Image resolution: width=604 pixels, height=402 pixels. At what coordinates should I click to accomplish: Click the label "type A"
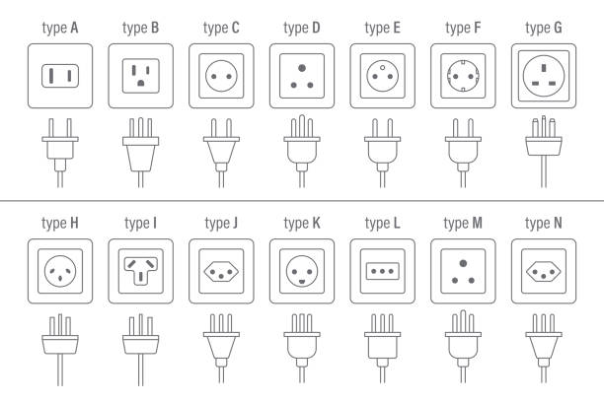[x=59, y=28]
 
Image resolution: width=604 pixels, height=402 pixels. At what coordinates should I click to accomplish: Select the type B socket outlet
[x=140, y=76]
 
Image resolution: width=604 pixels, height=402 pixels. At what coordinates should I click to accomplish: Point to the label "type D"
[x=301, y=28]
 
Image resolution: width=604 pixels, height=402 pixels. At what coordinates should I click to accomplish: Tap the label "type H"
[x=59, y=223]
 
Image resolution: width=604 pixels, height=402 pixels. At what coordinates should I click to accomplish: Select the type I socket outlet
[x=140, y=270]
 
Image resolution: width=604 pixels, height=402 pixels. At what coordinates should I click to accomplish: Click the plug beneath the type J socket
[x=221, y=345]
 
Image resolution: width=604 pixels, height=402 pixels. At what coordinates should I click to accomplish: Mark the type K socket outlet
[x=301, y=270]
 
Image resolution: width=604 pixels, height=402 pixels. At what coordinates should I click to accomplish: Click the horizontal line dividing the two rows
[x=302, y=201]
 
